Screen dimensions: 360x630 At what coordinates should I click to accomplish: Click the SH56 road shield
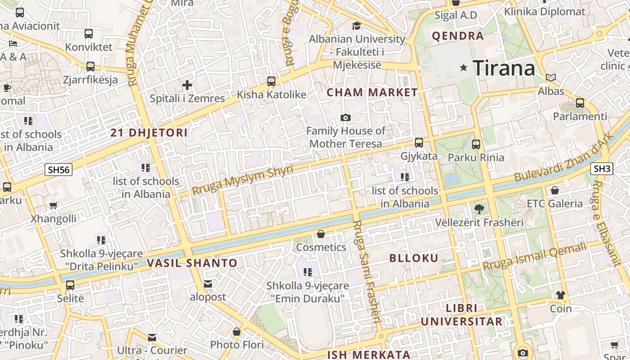[59, 170]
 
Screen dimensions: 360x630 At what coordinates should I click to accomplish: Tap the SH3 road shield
[602, 169]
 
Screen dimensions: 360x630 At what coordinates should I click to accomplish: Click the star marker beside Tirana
[463, 67]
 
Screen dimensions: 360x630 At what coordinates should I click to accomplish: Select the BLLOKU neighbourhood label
[414, 258]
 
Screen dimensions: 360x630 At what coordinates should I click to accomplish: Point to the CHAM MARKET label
[372, 93]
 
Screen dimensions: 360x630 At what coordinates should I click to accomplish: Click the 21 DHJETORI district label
[149, 133]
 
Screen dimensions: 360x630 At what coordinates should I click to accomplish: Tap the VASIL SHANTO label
[192, 263]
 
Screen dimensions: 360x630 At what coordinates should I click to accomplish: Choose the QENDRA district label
[458, 36]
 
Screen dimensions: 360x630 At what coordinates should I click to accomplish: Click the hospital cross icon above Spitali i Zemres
[187, 85]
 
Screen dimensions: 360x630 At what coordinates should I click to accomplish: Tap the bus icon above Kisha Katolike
[271, 81]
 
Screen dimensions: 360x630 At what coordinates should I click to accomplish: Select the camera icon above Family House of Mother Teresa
[346, 117]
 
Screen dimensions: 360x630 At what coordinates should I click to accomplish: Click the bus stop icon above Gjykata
[419, 143]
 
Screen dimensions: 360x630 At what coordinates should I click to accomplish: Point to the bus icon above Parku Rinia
[476, 144]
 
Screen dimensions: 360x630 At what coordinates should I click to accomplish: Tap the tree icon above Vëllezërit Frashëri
[479, 209]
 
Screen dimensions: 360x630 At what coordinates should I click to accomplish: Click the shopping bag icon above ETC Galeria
[554, 190]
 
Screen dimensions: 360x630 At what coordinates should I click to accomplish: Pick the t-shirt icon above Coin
[560, 295]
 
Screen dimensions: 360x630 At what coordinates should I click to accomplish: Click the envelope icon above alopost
[208, 284]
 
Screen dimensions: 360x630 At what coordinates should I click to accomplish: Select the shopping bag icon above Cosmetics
[321, 234]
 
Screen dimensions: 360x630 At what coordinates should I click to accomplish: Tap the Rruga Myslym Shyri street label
[243, 180]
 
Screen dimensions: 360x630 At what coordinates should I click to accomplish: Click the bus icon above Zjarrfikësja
[90, 67]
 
